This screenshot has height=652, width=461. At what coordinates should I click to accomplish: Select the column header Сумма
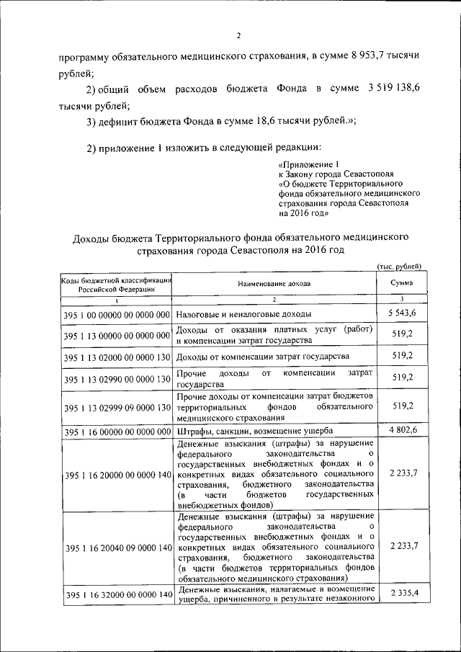402,283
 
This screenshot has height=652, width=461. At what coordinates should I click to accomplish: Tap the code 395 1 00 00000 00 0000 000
116,315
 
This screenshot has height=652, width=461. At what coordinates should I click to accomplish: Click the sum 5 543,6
402,313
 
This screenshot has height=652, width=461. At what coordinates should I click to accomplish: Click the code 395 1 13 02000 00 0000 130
116,357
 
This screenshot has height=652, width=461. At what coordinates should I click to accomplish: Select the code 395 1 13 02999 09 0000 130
116,408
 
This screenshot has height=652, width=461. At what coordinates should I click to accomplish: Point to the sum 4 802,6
402,430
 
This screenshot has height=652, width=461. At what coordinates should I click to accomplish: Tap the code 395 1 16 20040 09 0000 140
116,548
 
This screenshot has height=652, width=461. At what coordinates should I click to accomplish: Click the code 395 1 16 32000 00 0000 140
116,596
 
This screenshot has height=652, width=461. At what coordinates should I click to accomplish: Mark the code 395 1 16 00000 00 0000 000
116,432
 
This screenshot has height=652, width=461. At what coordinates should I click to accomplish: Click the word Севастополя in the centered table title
255,249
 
